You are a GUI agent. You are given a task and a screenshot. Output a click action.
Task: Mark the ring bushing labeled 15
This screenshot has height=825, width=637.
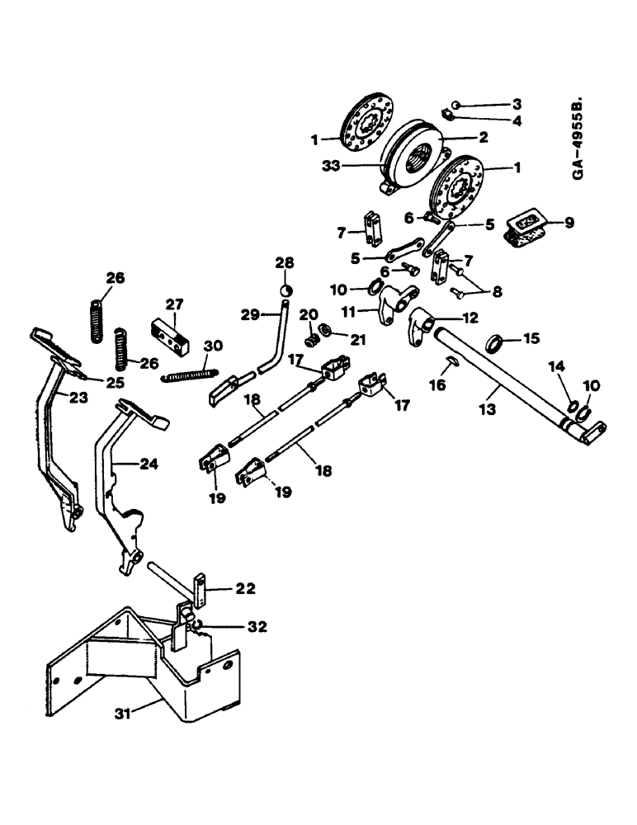coord(496,342)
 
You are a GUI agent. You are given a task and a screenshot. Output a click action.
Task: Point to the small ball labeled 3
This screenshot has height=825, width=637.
coord(457,105)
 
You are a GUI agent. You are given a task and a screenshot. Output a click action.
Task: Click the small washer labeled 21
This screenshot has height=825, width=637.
coord(326,331)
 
